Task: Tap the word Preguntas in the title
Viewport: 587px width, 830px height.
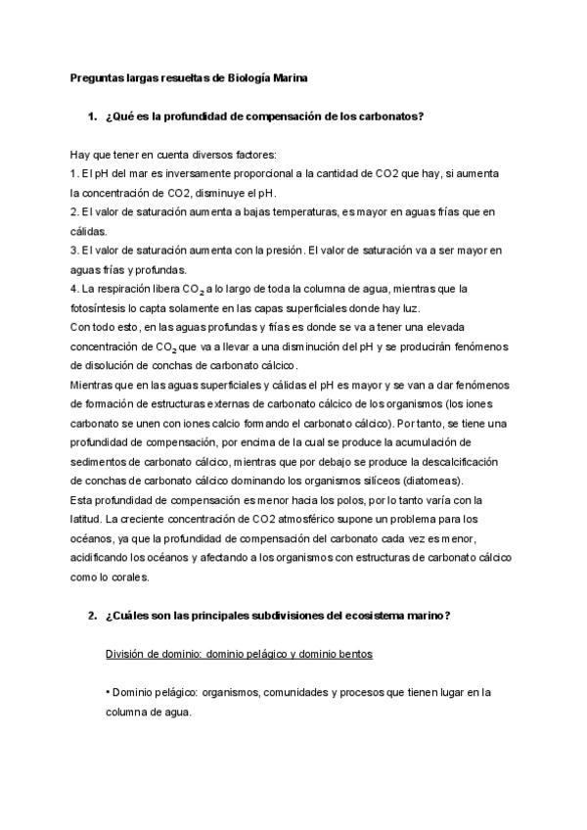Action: point(96,75)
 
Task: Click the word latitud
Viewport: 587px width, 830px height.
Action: point(88,519)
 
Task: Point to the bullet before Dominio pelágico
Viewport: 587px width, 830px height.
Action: point(107,692)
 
